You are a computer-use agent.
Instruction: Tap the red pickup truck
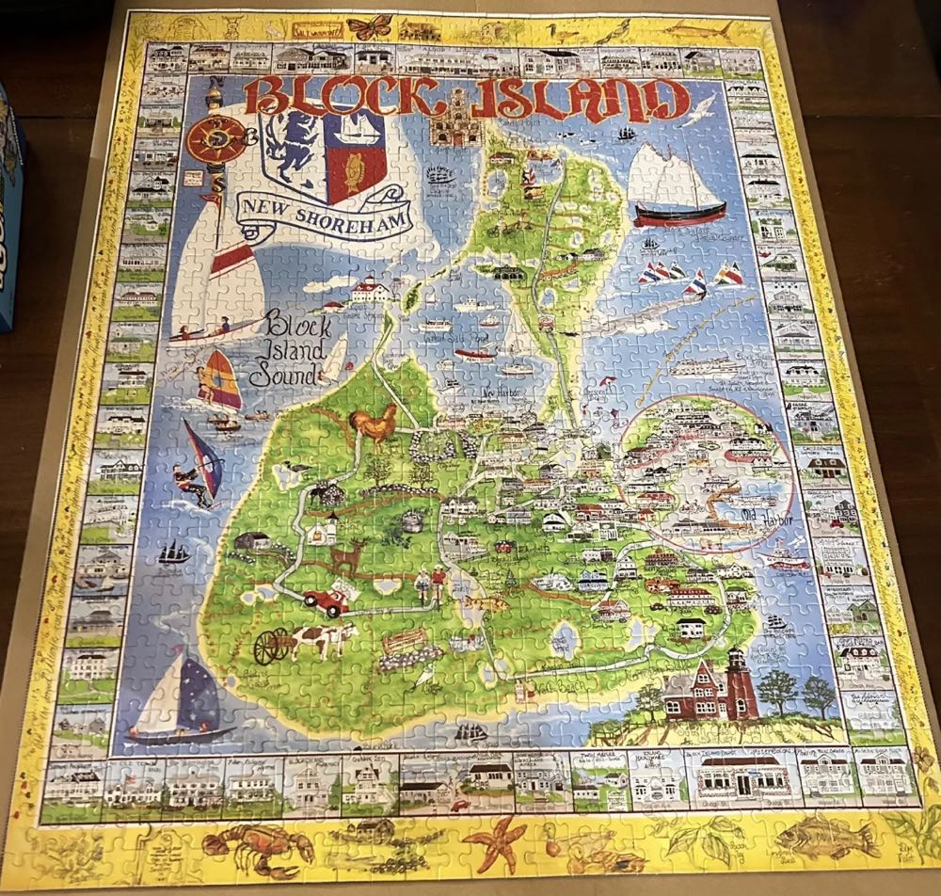325,600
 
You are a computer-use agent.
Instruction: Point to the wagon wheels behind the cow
272,646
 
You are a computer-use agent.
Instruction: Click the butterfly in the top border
368,26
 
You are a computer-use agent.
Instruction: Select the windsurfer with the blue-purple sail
199,465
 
